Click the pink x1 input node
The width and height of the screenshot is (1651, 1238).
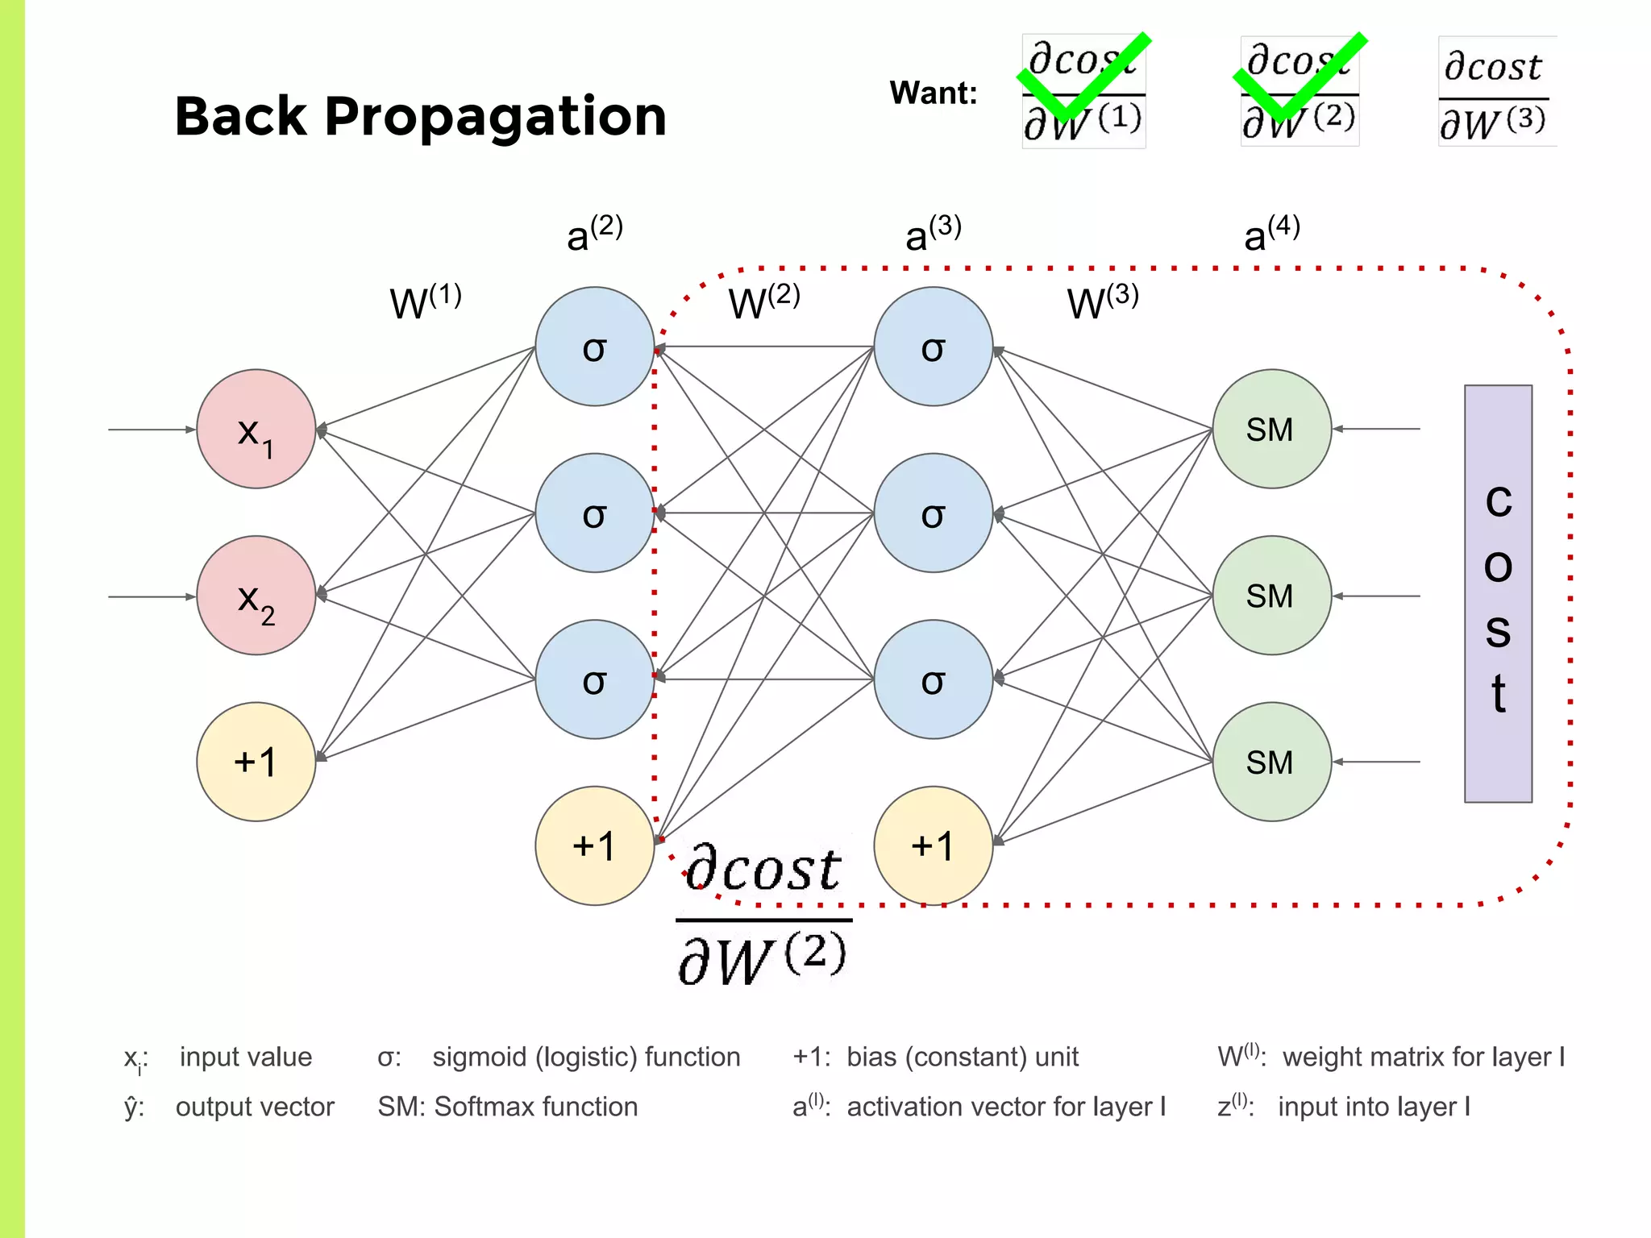tap(256, 429)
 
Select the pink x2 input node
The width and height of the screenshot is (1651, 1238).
tap(256, 596)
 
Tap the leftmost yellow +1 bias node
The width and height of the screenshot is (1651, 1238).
tap(256, 762)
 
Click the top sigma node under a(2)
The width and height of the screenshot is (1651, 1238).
tap(594, 347)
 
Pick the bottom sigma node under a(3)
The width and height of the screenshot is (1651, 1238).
tap(933, 679)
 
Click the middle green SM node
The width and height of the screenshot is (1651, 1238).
tap(1271, 596)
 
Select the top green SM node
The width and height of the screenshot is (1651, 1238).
tap(1271, 429)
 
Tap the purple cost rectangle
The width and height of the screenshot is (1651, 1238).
tap(1498, 594)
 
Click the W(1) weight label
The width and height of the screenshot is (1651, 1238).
tap(425, 301)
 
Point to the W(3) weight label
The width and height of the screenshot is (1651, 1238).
tap(1102, 301)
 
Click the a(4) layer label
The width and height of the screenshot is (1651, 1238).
tap(1271, 234)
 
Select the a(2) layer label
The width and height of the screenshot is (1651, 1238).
tap(594, 234)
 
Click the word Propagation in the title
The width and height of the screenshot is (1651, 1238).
tap(495, 118)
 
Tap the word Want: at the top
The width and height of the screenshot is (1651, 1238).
tap(933, 93)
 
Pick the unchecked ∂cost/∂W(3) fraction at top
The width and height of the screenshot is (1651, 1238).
tap(1495, 93)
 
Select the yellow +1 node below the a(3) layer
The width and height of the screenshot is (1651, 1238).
tap(933, 845)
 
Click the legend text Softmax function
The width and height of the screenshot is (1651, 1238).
tap(535, 1107)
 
